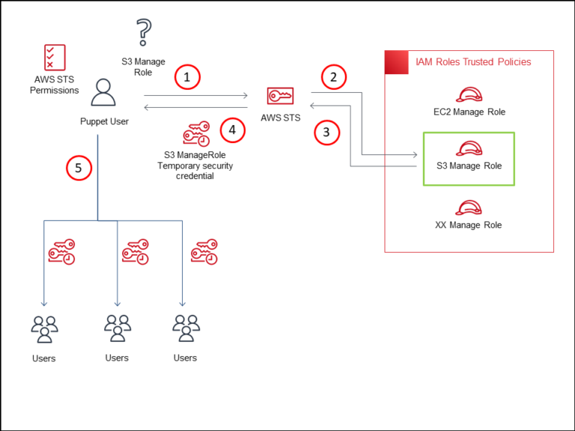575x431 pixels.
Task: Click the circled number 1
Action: click(x=187, y=77)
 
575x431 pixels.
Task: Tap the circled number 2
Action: click(x=334, y=77)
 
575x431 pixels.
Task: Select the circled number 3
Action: click(x=326, y=133)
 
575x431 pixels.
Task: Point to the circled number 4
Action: click(x=233, y=130)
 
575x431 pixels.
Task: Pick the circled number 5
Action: click(x=79, y=168)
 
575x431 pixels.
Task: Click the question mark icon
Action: click(x=143, y=34)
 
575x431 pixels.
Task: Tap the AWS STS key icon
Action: click(x=280, y=97)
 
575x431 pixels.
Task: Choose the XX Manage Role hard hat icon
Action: click(x=469, y=207)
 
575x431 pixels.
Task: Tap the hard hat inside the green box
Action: click(x=469, y=148)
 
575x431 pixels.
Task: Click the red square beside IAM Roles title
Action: click(x=396, y=62)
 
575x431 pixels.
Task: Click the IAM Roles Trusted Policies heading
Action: click(x=473, y=61)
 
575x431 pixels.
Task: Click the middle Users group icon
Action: click(x=118, y=328)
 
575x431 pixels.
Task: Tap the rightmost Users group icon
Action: click(x=185, y=328)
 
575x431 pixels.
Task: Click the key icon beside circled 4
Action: click(x=196, y=134)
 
